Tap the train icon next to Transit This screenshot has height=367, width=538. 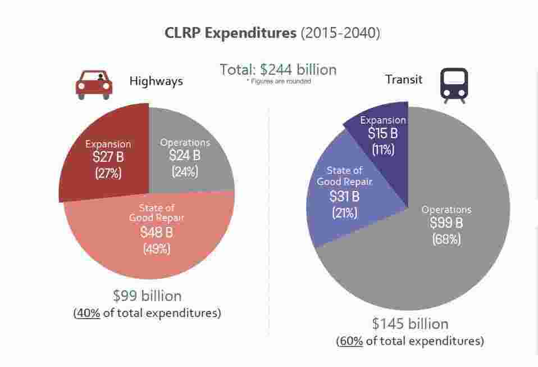[x=454, y=85]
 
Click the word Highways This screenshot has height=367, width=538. [x=156, y=81]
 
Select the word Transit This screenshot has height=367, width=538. [x=404, y=79]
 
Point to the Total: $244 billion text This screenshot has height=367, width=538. [x=278, y=70]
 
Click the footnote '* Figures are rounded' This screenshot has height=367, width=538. [x=279, y=81]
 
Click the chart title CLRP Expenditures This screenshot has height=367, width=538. [x=230, y=33]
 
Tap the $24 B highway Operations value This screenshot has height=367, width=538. [x=185, y=156]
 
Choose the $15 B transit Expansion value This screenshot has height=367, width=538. [x=383, y=134]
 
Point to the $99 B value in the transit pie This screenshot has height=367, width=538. [x=446, y=223]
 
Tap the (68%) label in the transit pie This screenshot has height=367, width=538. [x=446, y=239]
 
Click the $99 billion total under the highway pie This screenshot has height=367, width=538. [x=147, y=296]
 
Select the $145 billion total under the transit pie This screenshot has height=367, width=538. [x=410, y=324]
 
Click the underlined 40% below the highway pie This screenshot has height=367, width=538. [x=88, y=313]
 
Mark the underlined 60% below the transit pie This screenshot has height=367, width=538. [x=351, y=341]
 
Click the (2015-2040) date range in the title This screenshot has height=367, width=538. [x=340, y=33]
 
